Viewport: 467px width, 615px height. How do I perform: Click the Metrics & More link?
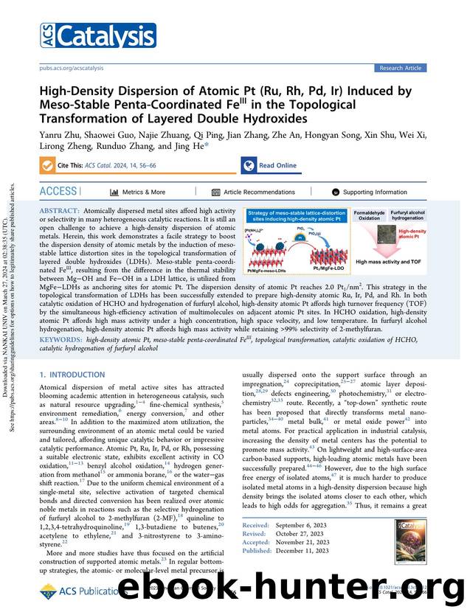click(x=138, y=192)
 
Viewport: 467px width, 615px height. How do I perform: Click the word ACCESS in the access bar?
click(x=58, y=192)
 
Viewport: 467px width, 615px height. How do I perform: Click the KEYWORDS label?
click(x=61, y=339)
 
